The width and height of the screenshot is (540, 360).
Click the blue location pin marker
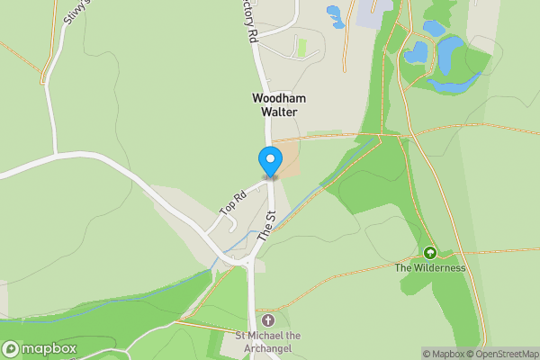point(269,161)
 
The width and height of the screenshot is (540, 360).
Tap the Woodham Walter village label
point(280,104)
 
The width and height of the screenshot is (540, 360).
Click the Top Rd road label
point(233,202)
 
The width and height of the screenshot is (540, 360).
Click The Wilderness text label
point(430,267)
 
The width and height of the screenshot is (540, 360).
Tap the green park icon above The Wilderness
point(429,253)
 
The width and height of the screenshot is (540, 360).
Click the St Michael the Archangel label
point(268,342)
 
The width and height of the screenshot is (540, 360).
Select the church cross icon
point(267,320)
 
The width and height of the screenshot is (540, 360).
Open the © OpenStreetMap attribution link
point(502,354)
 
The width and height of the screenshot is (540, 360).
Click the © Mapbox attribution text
point(443,354)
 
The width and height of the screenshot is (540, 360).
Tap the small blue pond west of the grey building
point(335,14)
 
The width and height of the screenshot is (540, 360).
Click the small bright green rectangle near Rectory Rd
point(301,45)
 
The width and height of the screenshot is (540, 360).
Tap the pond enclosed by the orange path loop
point(416,52)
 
